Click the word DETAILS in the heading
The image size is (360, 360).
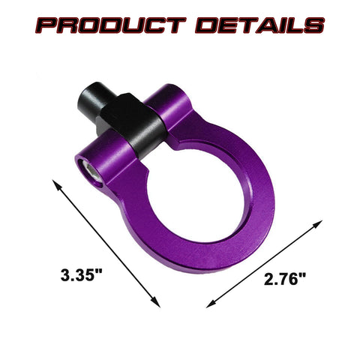pos(259,27)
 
